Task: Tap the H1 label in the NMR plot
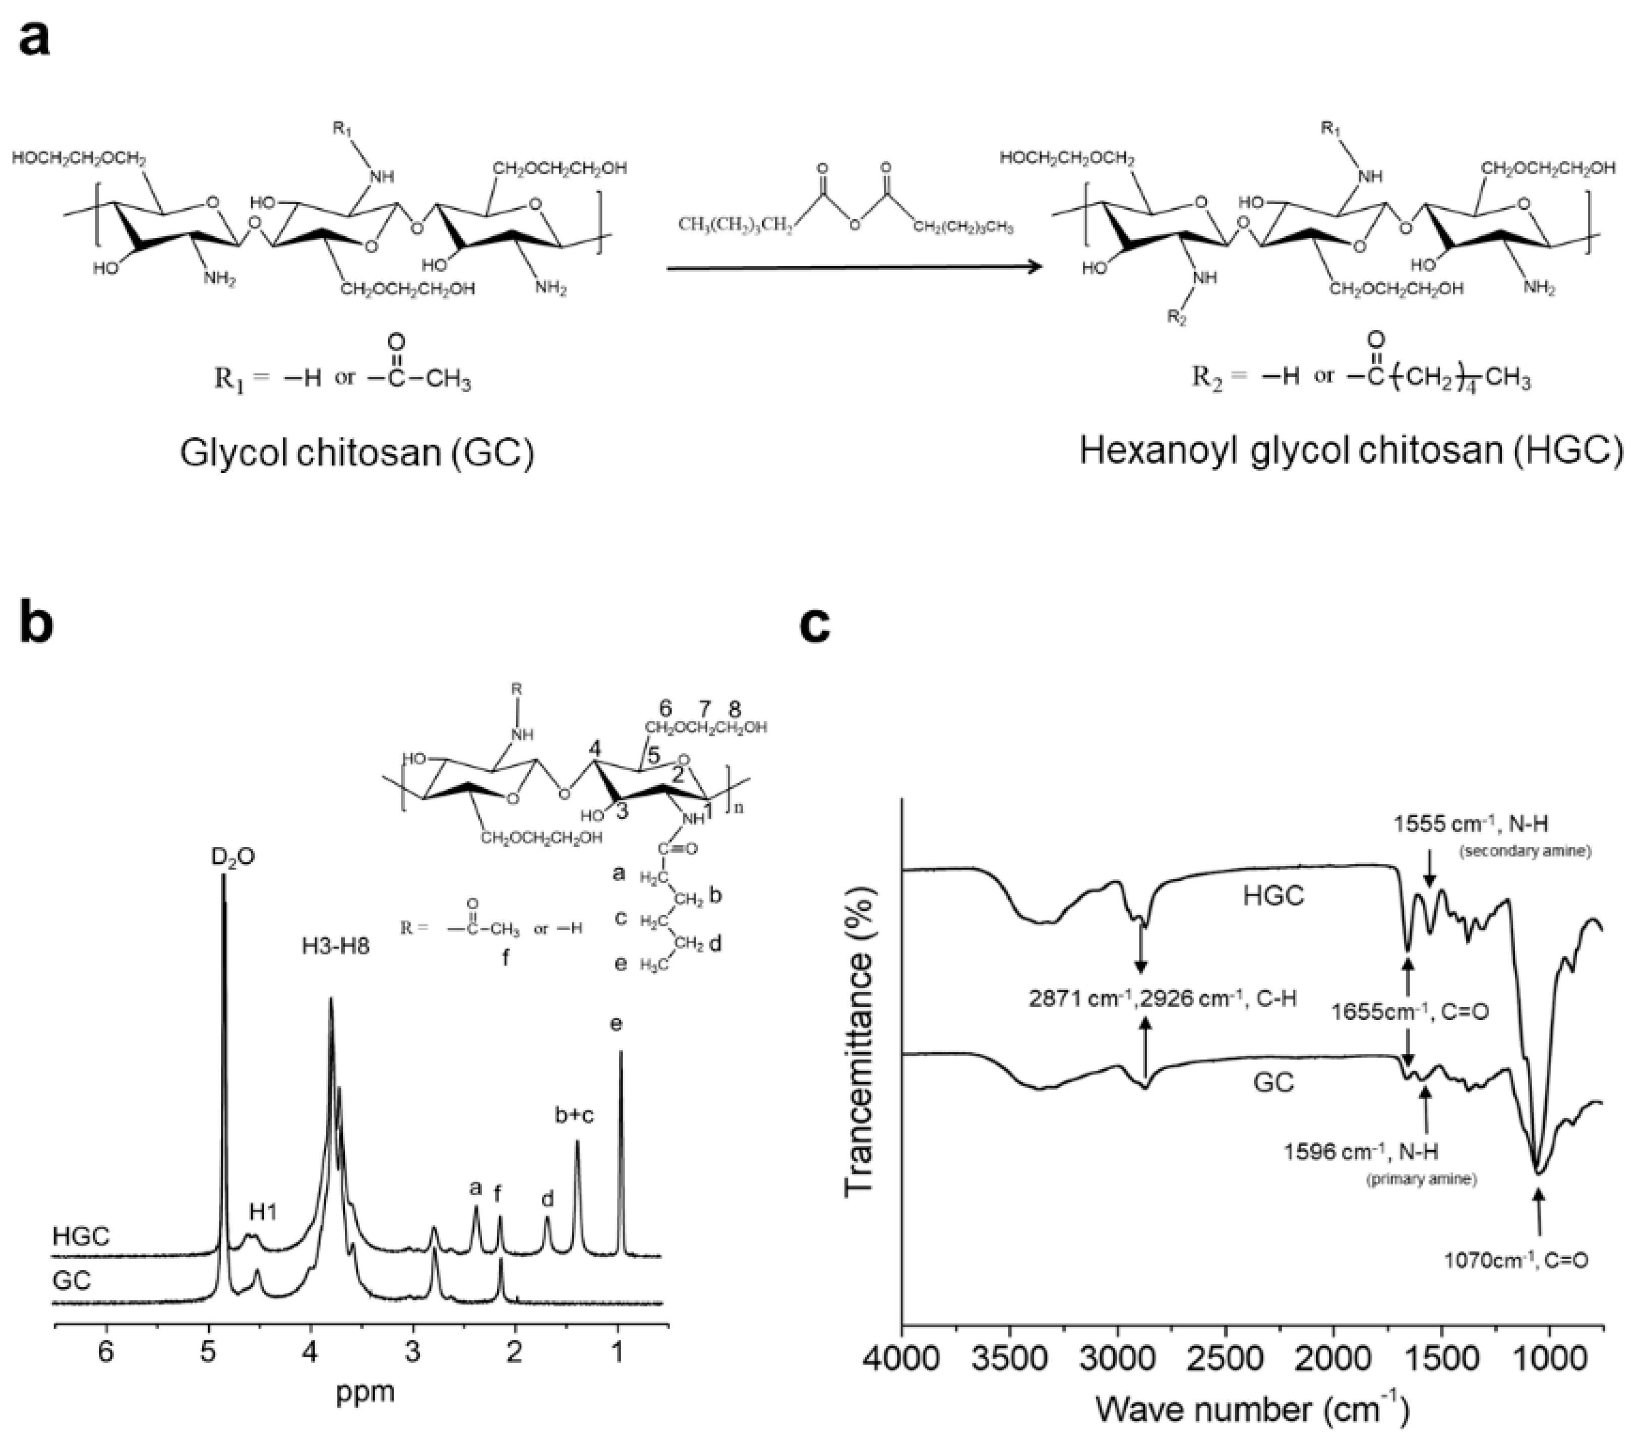263,1212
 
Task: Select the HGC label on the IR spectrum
1274,895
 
